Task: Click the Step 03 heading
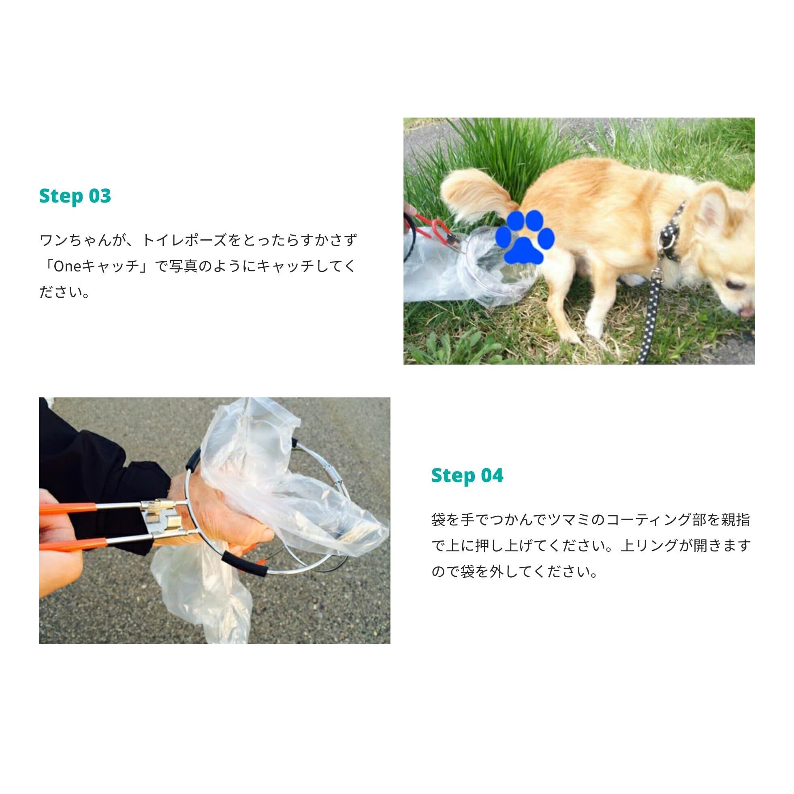pos(75,196)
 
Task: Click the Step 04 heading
pos(467,476)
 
